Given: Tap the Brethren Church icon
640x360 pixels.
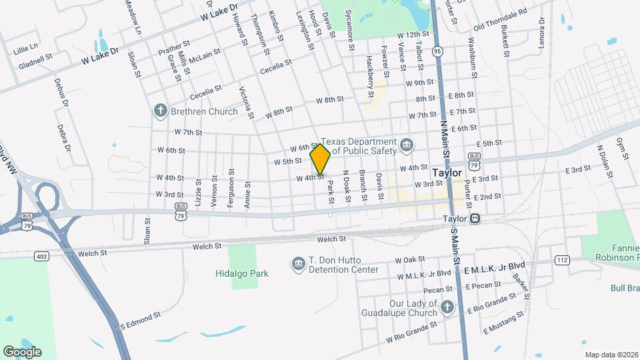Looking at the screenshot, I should (x=160, y=111).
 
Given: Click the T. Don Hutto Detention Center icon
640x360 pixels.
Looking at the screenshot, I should (x=298, y=265).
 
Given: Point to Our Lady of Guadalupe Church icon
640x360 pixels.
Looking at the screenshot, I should (x=447, y=307).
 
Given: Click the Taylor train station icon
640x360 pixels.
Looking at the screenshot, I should (x=475, y=218).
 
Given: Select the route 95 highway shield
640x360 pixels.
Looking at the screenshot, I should (x=437, y=51).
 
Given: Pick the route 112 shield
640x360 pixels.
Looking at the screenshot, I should (x=561, y=260).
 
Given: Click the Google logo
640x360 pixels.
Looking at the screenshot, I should (x=22, y=351).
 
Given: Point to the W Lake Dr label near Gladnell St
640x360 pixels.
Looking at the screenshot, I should (x=100, y=55).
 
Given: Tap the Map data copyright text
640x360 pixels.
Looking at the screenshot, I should (x=611, y=355).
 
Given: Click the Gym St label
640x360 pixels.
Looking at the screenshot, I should (x=623, y=149).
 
